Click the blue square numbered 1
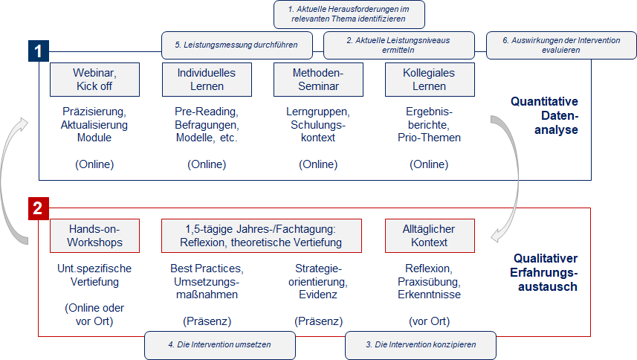pyautogui.click(x=39, y=51)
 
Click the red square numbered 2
pyautogui.click(x=39, y=208)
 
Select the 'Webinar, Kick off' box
pyautogui.click(x=94, y=80)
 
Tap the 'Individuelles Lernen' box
pyautogui.click(x=207, y=80)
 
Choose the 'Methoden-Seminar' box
pyautogui.click(x=318, y=80)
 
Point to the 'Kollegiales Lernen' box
pyautogui.click(x=430, y=80)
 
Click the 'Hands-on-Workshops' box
pyautogui.click(x=94, y=236)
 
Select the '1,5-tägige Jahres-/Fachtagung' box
pyautogui.click(x=262, y=236)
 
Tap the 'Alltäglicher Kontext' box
pyautogui.click(x=430, y=236)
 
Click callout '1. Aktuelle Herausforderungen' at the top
pyautogui.click(x=349, y=14)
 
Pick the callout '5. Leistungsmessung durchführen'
pyautogui.click(x=237, y=45)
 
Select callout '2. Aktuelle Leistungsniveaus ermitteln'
pyautogui.click(x=399, y=45)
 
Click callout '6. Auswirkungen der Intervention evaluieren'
pyautogui.click(x=561, y=45)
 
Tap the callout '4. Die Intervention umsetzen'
pyautogui.click(x=220, y=345)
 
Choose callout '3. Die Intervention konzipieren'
pyautogui.click(x=421, y=345)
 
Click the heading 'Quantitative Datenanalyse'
pyautogui.click(x=544, y=115)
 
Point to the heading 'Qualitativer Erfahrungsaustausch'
pyautogui.click(x=544, y=272)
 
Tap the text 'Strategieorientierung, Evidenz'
pyautogui.click(x=318, y=281)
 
